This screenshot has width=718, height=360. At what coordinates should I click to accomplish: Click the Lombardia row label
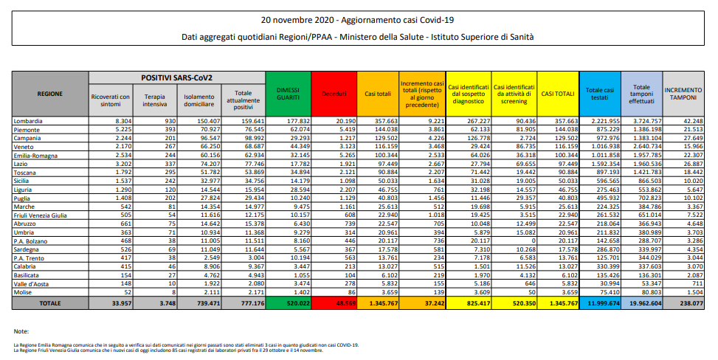click(29, 120)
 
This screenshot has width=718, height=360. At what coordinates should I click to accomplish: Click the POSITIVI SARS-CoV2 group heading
click(176, 77)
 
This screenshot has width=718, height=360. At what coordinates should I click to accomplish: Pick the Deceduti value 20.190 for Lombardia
click(342, 120)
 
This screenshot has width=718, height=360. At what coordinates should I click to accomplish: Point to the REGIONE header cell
click(50, 94)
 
